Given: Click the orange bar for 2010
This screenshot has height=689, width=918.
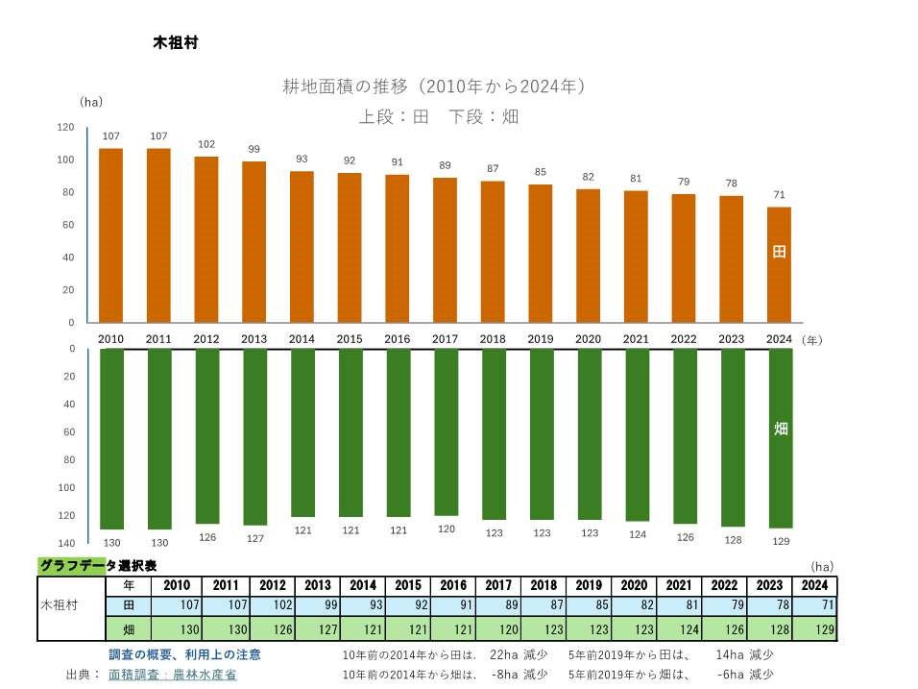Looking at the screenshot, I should (x=111, y=235).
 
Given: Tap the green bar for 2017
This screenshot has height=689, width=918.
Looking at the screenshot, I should (x=446, y=433).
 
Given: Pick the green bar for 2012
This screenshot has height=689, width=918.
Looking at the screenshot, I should (x=206, y=435).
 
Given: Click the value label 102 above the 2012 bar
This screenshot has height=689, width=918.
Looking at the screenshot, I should (x=206, y=144).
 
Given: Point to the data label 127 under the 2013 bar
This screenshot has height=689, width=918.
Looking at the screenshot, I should (x=254, y=538).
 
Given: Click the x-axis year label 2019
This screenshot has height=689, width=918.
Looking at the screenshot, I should (x=541, y=339).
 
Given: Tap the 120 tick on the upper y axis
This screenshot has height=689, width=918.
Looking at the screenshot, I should (x=65, y=127).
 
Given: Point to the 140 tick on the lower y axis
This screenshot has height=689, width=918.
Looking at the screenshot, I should (x=65, y=544).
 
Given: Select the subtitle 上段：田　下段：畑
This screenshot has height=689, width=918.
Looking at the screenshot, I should (x=439, y=117).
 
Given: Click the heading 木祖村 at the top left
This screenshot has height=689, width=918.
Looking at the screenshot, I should (x=175, y=43).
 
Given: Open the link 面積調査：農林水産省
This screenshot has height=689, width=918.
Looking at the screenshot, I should (x=172, y=675).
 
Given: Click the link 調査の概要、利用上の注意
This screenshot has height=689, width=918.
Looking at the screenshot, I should (x=184, y=654).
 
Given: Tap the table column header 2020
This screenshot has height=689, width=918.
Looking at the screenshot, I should (x=634, y=585).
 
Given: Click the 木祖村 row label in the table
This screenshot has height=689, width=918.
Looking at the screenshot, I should (x=60, y=606).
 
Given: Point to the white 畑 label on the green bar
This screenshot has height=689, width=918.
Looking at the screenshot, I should (x=780, y=429).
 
